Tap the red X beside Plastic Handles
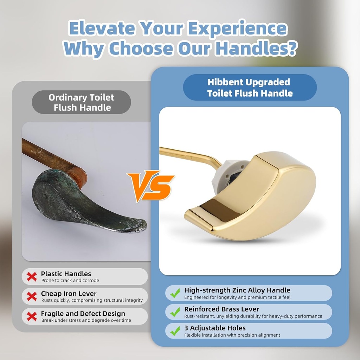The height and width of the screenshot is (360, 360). (32, 277)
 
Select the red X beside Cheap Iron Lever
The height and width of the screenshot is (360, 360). (32, 296)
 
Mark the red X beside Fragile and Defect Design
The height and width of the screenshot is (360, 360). (32, 316)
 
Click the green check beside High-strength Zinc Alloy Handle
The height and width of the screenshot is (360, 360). (175, 293)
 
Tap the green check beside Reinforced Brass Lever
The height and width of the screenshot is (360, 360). (175, 312)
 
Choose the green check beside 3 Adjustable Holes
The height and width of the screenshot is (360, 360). (175, 331)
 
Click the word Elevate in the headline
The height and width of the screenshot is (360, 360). (102, 29)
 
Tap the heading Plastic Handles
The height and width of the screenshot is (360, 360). (66, 274)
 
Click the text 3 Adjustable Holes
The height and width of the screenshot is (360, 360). (215, 328)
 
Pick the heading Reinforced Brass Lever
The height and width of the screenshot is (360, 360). (221, 309)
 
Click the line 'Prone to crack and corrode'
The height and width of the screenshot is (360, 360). (70, 281)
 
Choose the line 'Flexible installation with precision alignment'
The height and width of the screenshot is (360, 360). (232, 335)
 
